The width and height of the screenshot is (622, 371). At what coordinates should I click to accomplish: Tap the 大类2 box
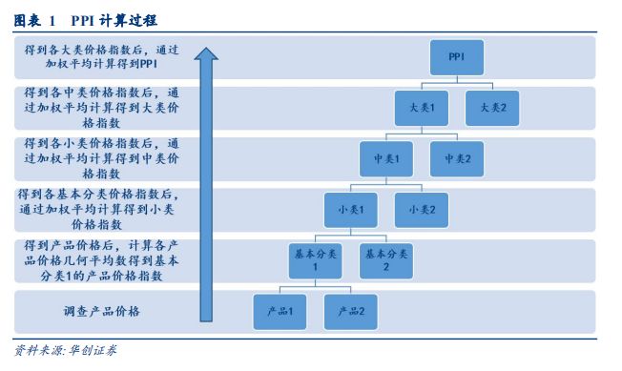click(492, 108)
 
